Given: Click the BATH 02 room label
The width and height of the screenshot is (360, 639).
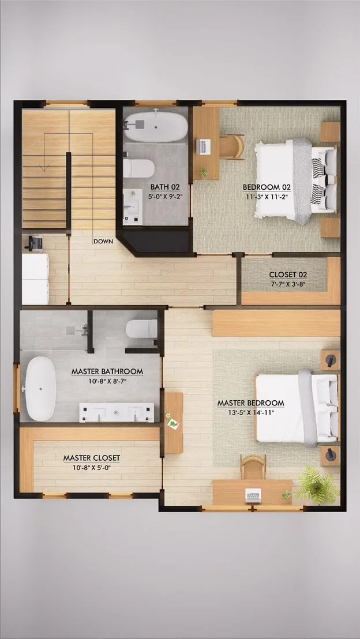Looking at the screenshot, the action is point(165,187).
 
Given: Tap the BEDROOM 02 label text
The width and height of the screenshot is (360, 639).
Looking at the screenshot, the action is point(267,187).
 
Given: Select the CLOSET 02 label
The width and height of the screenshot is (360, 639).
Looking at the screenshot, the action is point(288,275).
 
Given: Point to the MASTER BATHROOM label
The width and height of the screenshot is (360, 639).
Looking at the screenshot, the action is point(107,371).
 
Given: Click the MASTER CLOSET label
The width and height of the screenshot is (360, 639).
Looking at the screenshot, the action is point(92,458).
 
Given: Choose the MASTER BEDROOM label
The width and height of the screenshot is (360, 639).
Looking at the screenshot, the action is point(251,403).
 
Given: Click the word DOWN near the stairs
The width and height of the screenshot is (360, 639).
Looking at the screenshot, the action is point(103,241).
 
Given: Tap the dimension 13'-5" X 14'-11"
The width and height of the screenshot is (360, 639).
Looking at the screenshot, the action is point(251,412).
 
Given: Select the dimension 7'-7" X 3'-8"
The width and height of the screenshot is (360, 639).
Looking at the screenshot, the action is point(288,284).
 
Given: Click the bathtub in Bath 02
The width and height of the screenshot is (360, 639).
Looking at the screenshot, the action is point(156,126).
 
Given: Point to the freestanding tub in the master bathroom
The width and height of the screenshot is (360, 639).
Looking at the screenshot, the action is point(40,389).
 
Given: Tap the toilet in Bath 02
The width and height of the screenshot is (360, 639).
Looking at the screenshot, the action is point(138,168).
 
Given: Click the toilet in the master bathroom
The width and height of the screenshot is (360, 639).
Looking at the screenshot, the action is point(141,329).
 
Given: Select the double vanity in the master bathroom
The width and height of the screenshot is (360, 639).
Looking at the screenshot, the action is point(117,413).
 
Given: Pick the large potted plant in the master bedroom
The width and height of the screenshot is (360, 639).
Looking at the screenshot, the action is point(318,485).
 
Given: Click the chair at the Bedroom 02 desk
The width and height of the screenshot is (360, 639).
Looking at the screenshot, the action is point(232,146).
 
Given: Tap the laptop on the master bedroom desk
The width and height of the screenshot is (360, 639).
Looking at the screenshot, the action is point(253,495).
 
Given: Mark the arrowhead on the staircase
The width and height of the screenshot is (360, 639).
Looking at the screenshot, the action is point(44,167).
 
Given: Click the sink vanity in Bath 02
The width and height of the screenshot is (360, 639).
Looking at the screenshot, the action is point(133,206).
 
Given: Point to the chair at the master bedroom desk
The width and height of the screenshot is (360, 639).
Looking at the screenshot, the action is point(253,467).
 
